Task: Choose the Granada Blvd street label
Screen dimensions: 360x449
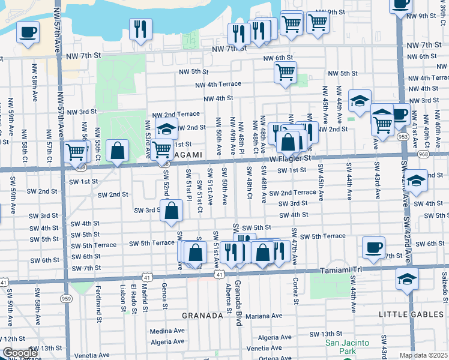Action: (238, 310)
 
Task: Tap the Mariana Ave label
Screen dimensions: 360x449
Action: (265, 316)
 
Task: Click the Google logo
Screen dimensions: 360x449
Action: (19, 353)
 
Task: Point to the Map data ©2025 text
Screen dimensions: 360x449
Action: (424, 355)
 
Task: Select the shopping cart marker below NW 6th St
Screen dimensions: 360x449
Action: (286, 73)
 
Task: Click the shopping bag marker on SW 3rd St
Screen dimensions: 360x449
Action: (172, 211)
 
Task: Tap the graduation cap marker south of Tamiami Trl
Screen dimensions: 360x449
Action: (407, 278)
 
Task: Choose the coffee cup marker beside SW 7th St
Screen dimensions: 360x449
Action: (373, 247)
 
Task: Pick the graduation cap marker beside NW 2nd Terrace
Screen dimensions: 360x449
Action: (166, 128)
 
